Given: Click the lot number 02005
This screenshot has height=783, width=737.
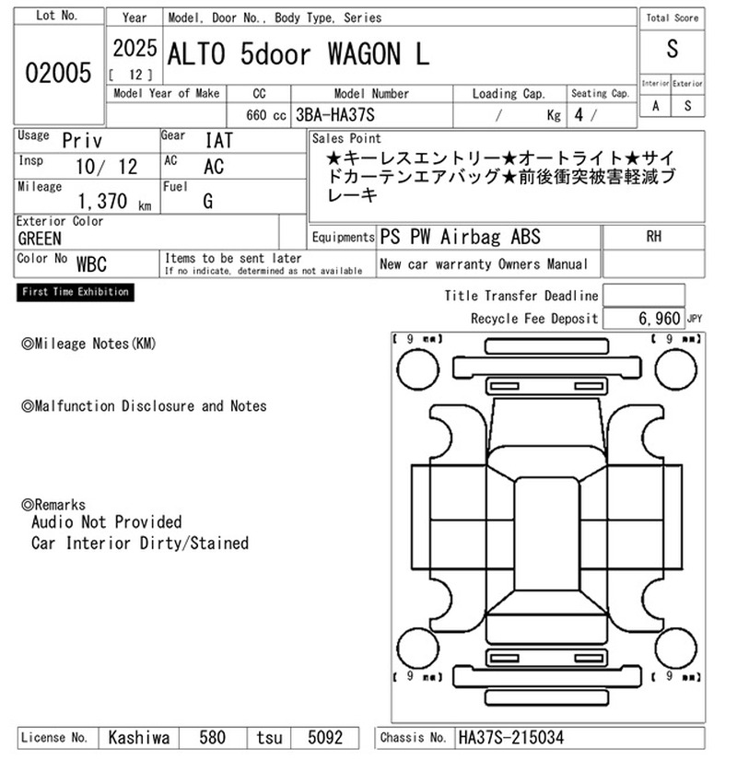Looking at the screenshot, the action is [x=58, y=73].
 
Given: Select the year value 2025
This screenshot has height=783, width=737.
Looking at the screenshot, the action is [x=135, y=49].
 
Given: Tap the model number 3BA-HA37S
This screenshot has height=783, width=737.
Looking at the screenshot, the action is [x=335, y=115].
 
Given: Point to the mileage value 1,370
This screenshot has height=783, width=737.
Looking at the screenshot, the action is [x=102, y=201].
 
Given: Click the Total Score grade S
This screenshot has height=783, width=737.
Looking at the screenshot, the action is [x=673, y=49].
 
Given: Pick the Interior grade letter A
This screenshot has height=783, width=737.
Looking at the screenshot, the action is [x=655, y=106].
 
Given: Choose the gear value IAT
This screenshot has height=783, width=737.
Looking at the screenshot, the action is [x=219, y=140].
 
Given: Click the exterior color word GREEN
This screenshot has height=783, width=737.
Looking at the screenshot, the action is [x=40, y=240].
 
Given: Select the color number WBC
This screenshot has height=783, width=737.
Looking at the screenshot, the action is [x=91, y=264].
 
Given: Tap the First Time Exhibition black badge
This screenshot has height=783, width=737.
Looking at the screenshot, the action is [x=76, y=292].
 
